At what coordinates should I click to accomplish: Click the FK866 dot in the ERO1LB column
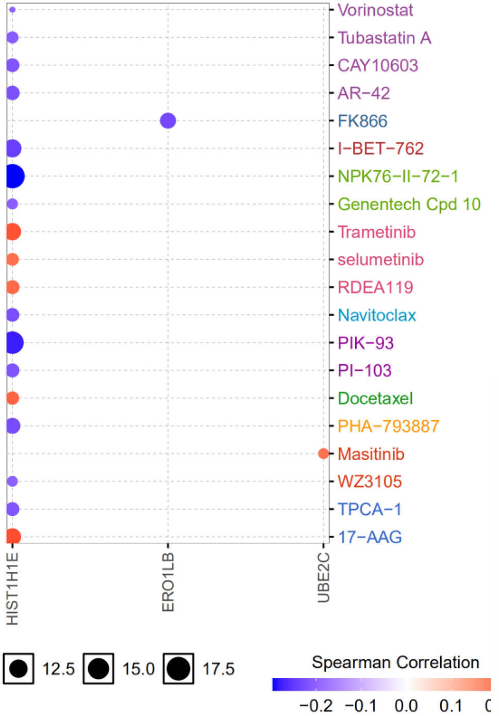tap(168, 121)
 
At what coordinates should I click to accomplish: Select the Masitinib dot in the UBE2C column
tap(323, 453)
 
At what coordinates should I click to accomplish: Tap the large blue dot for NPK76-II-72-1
tap(14, 176)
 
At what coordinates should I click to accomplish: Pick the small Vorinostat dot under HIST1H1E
tap(12, 10)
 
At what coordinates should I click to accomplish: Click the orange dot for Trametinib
tap(13, 232)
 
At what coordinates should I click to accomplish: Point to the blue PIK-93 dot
tap(14, 343)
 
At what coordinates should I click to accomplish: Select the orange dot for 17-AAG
tap(13, 536)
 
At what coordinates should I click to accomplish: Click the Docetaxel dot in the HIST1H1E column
tap(13, 398)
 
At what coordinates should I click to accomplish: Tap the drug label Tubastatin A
tap(384, 38)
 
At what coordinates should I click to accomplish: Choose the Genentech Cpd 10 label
tap(409, 204)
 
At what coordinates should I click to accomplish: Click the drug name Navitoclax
tap(376, 315)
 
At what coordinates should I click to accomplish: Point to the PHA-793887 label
tap(388, 426)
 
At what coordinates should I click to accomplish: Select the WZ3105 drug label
tap(370, 482)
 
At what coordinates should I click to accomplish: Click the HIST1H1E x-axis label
tap(12, 588)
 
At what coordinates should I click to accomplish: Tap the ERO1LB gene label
tap(168, 582)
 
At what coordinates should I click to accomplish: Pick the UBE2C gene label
tap(323, 577)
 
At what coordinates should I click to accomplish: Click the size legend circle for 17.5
tap(178, 669)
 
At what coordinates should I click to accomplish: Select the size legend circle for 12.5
tap(19, 669)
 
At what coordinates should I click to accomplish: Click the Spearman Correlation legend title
tap(395, 662)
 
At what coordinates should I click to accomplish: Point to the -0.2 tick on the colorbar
tap(316, 705)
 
